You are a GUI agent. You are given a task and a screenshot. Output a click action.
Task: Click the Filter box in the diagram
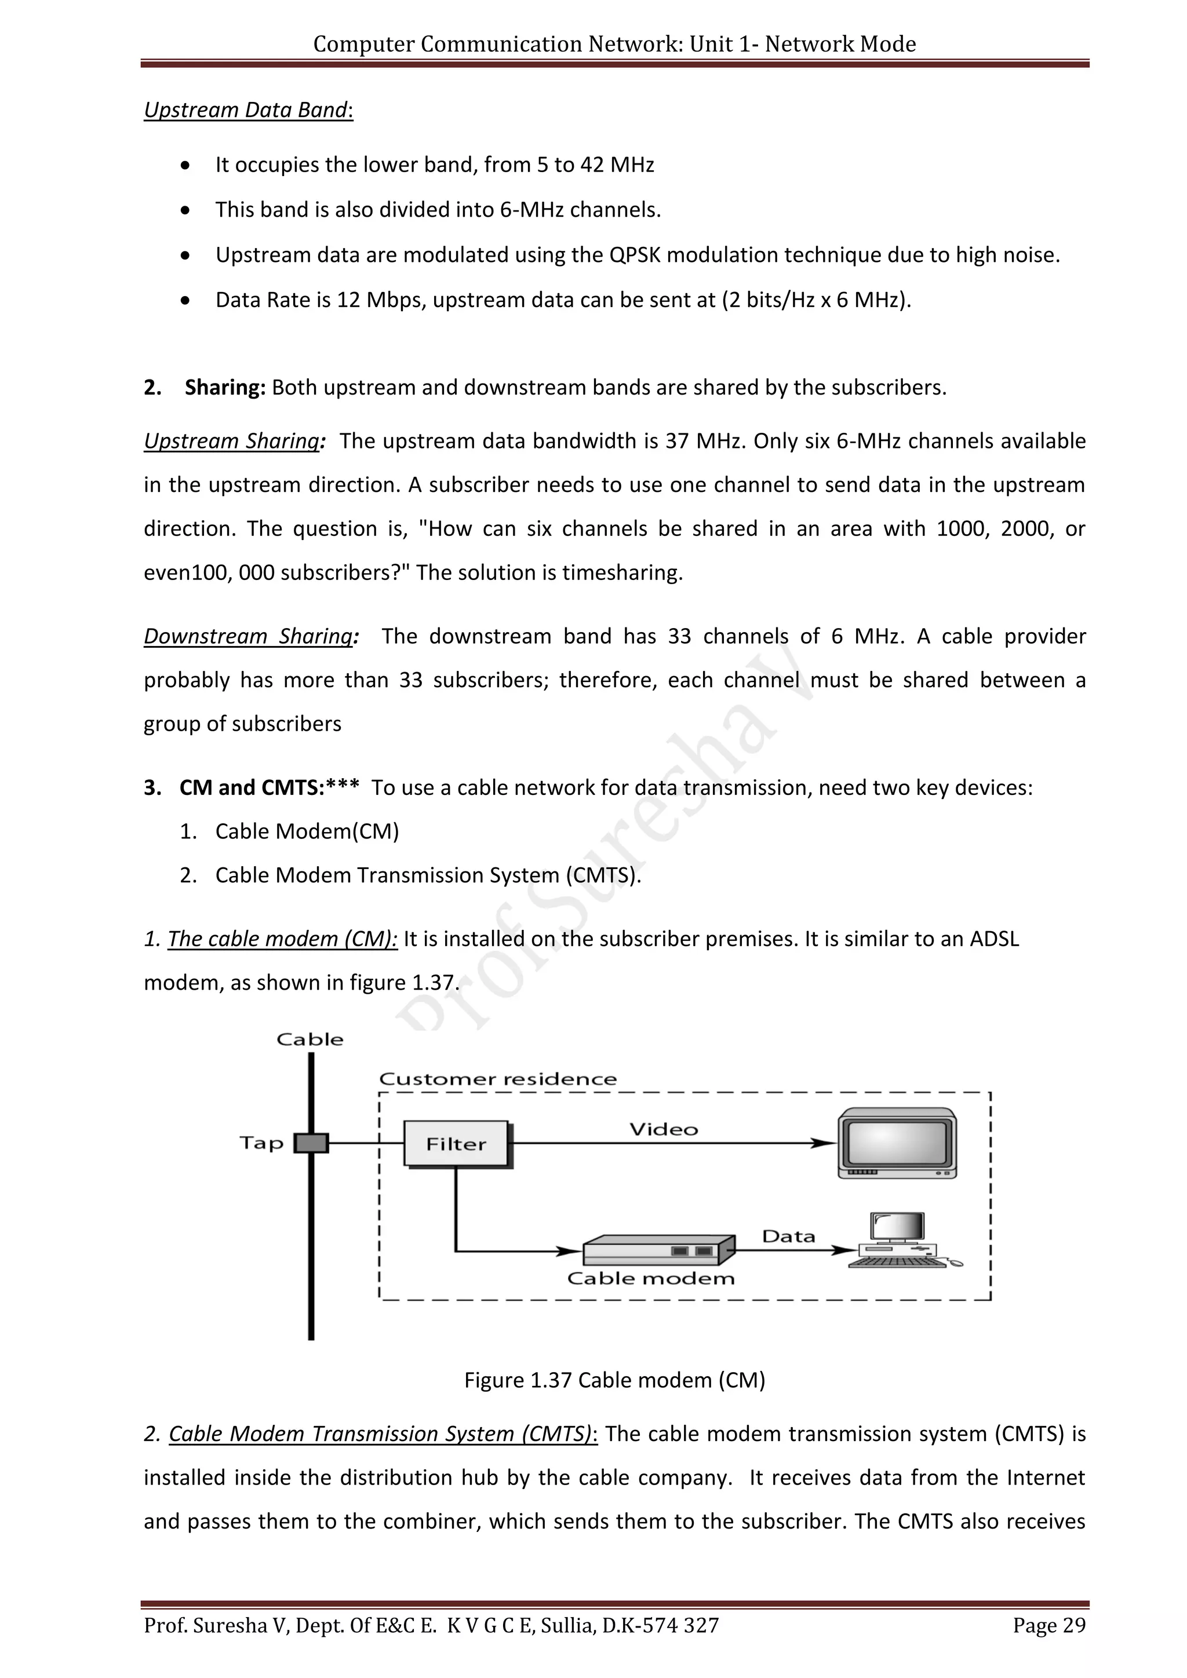[x=456, y=1144]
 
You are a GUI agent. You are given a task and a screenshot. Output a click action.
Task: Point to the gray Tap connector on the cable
[x=311, y=1143]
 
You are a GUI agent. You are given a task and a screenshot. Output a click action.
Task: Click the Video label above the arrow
[x=664, y=1130]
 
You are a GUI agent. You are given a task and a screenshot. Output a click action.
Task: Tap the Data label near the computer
[x=788, y=1236]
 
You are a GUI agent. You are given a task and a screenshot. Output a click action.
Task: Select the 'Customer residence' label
[x=498, y=1079]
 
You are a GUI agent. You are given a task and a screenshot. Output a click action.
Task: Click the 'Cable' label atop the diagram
[x=310, y=1039]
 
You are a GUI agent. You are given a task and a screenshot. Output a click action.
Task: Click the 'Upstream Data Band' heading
[x=246, y=110]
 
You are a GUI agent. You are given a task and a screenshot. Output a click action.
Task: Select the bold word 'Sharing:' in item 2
[x=225, y=388]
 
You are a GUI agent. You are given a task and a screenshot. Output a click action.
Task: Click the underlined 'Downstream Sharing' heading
[x=249, y=637]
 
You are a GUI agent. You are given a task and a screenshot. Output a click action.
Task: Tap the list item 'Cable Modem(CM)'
[x=307, y=831]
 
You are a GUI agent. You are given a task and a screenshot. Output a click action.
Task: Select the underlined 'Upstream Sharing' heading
[x=231, y=442]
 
